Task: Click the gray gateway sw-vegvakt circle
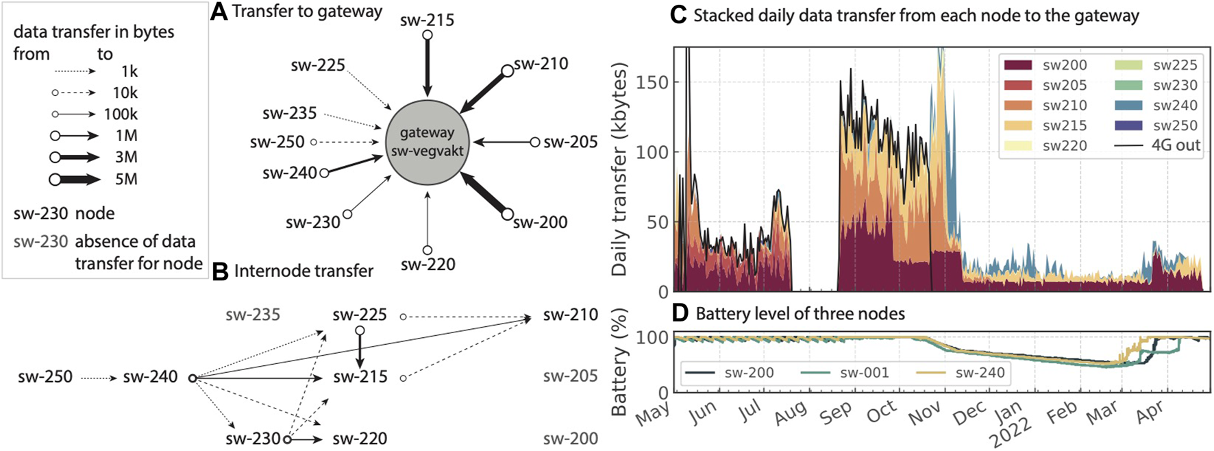[x=427, y=143]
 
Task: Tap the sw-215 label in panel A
[x=427, y=19]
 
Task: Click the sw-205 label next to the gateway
[x=570, y=142]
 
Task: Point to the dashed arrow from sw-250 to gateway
[x=346, y=142]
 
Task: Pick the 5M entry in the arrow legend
[x=126, y=180]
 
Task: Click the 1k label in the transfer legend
[x=129, y=71]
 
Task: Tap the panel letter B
[x=221, y=271]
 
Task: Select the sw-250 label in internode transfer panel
[x=45, y=377]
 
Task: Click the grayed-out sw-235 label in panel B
[x=253, y=315]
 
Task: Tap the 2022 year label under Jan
[x=1011, y=433]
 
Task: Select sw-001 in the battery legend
[x=864, y=373]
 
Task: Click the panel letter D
[x=680, y=314]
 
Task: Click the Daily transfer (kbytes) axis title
[x=619, y=169]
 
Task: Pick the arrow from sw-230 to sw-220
[x=307, y=439]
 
